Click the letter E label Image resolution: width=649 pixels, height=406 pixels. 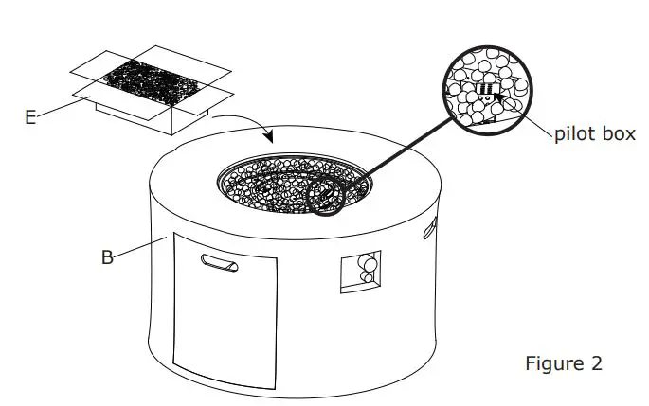[30, 117]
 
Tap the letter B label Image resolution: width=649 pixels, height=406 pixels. [107, 256]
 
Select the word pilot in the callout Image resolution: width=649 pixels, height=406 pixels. [574, 133]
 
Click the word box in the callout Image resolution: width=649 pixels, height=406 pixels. [619, 133]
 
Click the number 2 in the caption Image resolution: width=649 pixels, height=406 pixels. [595, 363]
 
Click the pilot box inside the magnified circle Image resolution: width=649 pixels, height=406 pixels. [486, 91]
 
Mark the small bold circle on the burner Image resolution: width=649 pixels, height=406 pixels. [327, 193]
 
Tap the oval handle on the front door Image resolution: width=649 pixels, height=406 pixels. [220, 261]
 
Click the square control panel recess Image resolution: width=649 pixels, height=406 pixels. [360, 273]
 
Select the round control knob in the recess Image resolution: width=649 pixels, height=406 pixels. [367, 278]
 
